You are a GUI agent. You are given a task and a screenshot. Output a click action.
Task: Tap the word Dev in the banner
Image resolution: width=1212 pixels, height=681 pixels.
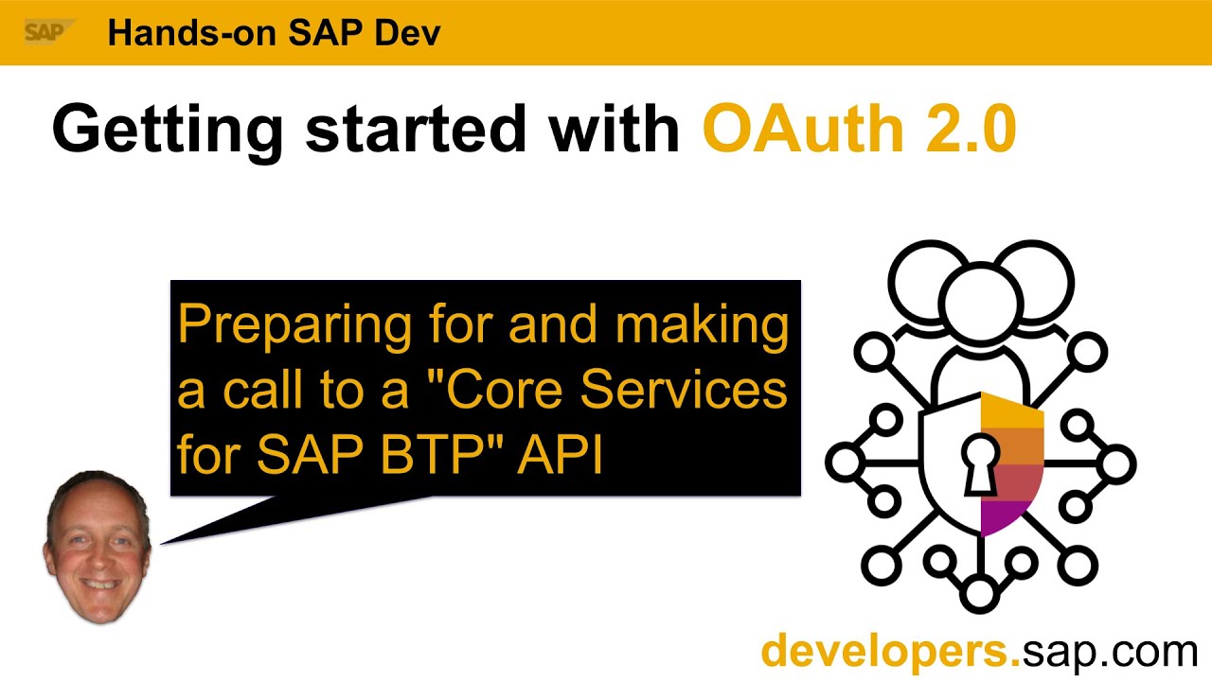[x=408, y=33]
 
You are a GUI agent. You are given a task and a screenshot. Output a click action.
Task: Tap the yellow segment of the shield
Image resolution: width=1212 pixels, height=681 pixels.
[x=1011, y=415]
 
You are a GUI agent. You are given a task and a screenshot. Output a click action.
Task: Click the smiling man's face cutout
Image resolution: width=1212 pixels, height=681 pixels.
[x=98, y=546]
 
